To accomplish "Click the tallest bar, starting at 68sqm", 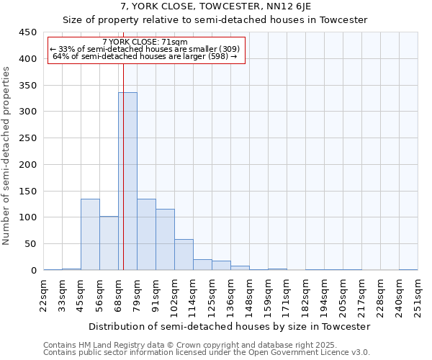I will [127, 181].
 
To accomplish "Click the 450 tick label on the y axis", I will [27, 32].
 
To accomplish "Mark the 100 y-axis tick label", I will [27, 217].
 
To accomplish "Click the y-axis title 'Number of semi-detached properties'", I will [7, 156].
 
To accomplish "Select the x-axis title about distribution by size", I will [230, 326].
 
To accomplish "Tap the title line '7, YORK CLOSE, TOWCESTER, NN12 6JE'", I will [215, 7].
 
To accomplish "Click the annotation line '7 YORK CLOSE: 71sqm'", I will [145, 42].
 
